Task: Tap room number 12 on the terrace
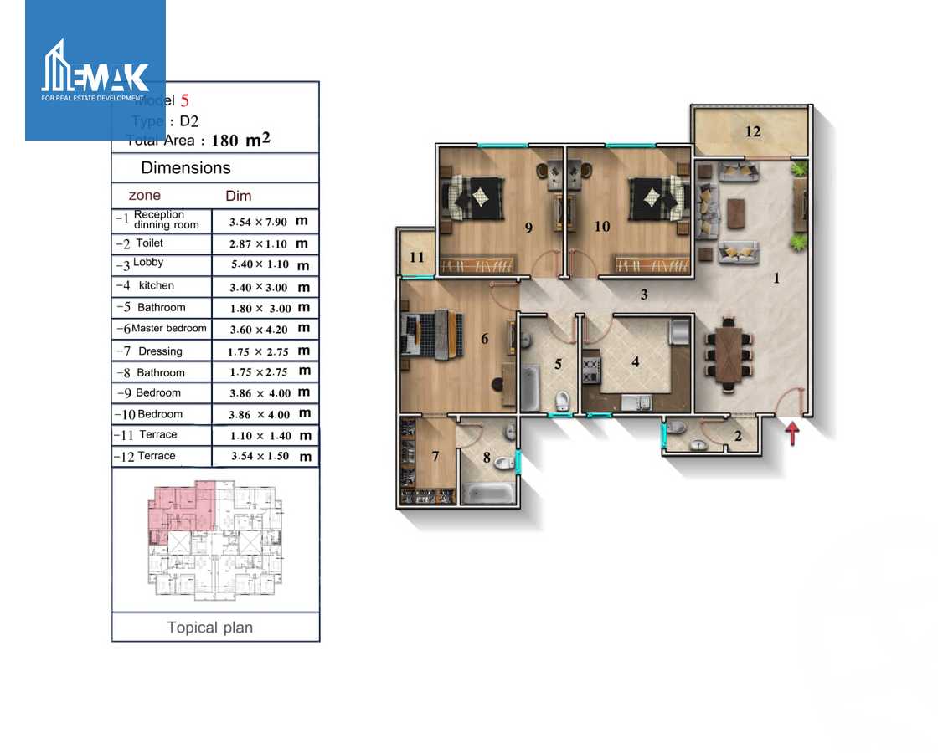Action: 753,131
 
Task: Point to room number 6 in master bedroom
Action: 484,339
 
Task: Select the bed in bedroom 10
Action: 649,197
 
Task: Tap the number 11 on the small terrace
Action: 417,258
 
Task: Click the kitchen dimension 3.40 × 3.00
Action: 259,287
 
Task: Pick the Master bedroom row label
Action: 168,329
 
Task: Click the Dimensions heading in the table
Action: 185,168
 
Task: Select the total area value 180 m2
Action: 240,141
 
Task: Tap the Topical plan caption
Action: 209,627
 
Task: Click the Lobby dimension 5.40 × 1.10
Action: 259,264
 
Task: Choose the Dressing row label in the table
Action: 160,351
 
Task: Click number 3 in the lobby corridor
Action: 644,295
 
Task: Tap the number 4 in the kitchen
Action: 636,362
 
